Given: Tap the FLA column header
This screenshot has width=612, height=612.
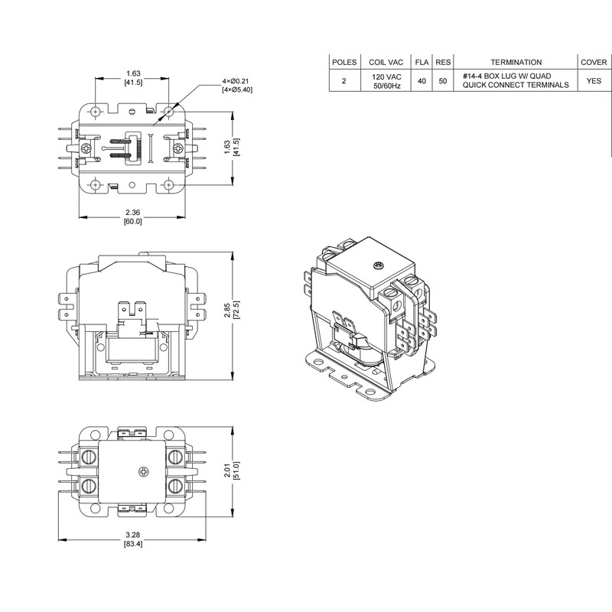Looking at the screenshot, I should pyautogui.click(x=422, y=62).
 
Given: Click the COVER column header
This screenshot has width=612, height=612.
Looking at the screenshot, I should pyautogui.click(x=594, y=62).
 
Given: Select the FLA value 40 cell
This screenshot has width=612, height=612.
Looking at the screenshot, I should pyautogui.click(x=422, y=80).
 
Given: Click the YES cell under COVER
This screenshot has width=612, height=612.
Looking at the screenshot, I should pyautogui.click(x=594, y=80).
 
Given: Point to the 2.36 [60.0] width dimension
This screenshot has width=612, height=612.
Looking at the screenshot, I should pyautogui.click(x=132, y=216).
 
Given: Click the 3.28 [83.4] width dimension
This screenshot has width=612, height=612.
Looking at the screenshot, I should pyautogui.click(x=132, y=539).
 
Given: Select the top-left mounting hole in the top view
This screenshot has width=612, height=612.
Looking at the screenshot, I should pyautogui.click(x=95, y=112).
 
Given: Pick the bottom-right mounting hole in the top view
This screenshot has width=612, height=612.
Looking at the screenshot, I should pyautogui.click(x=170, y=184).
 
